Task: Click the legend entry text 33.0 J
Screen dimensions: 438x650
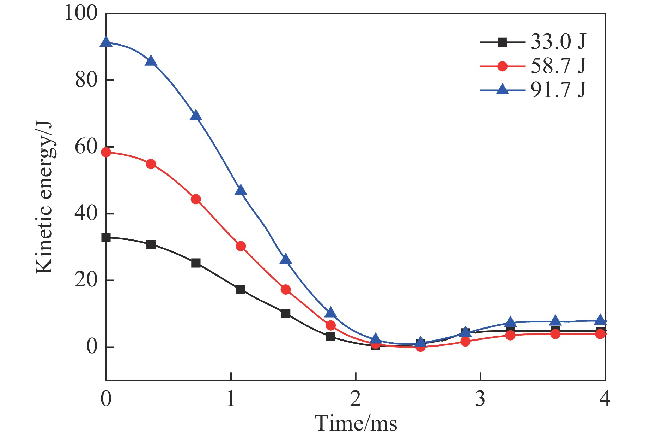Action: click(558, 42)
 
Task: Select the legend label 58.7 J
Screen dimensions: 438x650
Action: click(558, 66)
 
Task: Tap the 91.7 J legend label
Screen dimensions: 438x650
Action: click(558, 90)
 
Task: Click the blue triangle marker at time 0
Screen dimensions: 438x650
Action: click(106, 42)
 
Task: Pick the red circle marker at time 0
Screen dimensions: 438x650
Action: click(106, 152)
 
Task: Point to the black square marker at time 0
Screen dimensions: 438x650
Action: click(106, 238)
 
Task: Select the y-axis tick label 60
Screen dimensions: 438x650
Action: click(86, 147)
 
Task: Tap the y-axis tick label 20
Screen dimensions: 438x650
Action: click(86, 280)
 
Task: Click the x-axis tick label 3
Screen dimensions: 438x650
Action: click(480, 398)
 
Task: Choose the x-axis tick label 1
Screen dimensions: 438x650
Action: click(231, 398)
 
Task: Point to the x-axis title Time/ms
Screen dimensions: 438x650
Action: click(356, 423)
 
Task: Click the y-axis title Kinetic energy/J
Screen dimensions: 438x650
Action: click(44, 198)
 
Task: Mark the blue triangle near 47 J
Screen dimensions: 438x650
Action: click(241, 190)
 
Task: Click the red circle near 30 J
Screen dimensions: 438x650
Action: click(241, 246)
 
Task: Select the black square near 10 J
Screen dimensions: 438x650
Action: click(286, 313)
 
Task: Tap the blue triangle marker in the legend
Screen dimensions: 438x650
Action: click(502, 90)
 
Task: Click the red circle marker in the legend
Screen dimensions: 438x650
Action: click(502, 66)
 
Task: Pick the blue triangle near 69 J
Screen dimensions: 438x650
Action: click(196, 116)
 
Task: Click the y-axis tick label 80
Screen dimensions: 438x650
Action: click(86, 80)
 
